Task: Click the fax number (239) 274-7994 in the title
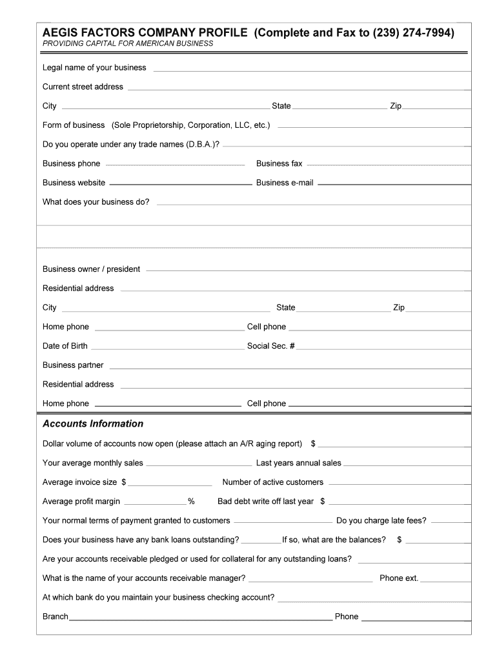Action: pos(414,32)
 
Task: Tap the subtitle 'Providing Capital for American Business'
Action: pos(128,44)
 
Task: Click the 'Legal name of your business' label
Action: pos(94,68)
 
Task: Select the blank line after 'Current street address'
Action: pos(297,88)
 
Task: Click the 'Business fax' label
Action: pos(279,164)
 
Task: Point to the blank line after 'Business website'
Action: pos(179,185)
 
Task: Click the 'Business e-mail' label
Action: pos(285,183)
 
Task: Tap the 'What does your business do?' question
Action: pos(96,202)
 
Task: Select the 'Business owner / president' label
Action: pos(91,269)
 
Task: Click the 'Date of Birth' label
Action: pos(65,346)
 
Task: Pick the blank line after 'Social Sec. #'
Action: pos(383,348)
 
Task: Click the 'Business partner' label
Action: pos(73,365)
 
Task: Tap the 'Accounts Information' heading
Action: pos(93,424)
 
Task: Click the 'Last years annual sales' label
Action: pos(299,463)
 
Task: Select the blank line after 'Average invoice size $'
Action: pos(170,484)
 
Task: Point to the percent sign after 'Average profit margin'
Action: pos(191,502)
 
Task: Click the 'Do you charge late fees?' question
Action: pos(381,521)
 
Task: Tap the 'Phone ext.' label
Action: pos(399,578)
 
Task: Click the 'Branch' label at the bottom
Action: pos(56,616)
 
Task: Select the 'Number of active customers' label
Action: pos(273,482)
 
